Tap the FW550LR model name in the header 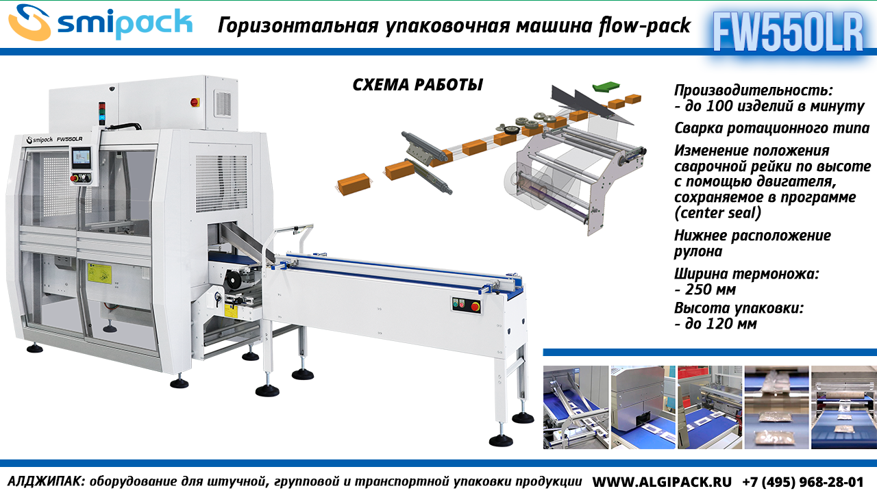pyautogui.click(x=788, y=31)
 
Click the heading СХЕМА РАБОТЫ pyautogui.click(x=417, y=85)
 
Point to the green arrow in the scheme pyautogui.click(x=604, y=86)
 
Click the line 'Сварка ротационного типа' pyautogui.click(x=771, y=128)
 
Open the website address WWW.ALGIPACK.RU pyautogui.click(x=661, y=481)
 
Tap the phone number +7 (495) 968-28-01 pyautogui.click(x=802, y=481)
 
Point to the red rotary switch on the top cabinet pyautogui.click(x=195, y=102)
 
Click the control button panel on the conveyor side pyautogui.click(x=466, y=305)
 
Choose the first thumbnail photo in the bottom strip pyautogui.click(x=576, y=407)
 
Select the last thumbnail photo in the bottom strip pyautogui.click(x=843, y=407)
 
